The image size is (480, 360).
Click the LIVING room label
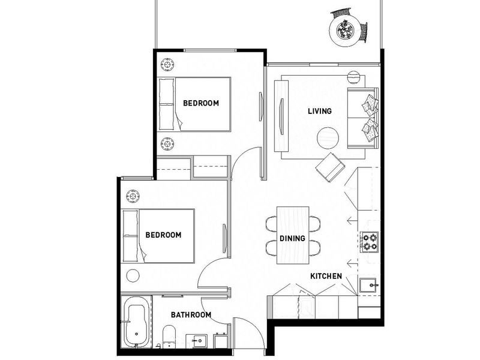[x=319, y=111]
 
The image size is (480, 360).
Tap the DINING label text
[x=292, y=238]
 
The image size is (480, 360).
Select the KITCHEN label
[x=326, y=276]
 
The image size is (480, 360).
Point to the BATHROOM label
[x=191, y=314]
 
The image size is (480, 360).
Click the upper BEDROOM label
[x=201, y=103]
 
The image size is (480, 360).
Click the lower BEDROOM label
[x=163, y=235]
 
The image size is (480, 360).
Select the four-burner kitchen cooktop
[x=370, y=242]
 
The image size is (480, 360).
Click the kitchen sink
[x=368, y=284]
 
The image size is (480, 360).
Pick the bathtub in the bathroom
[x=136, y=324]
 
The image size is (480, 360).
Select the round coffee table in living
[x=328, y=138]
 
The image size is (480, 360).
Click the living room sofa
[x=362, y=117]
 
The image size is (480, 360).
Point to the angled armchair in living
[x=331, y=166]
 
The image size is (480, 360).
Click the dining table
[x=293, y=235]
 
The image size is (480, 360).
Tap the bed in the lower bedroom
[x=158, y=235]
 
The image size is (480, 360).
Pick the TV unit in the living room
[x=281, y=115]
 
